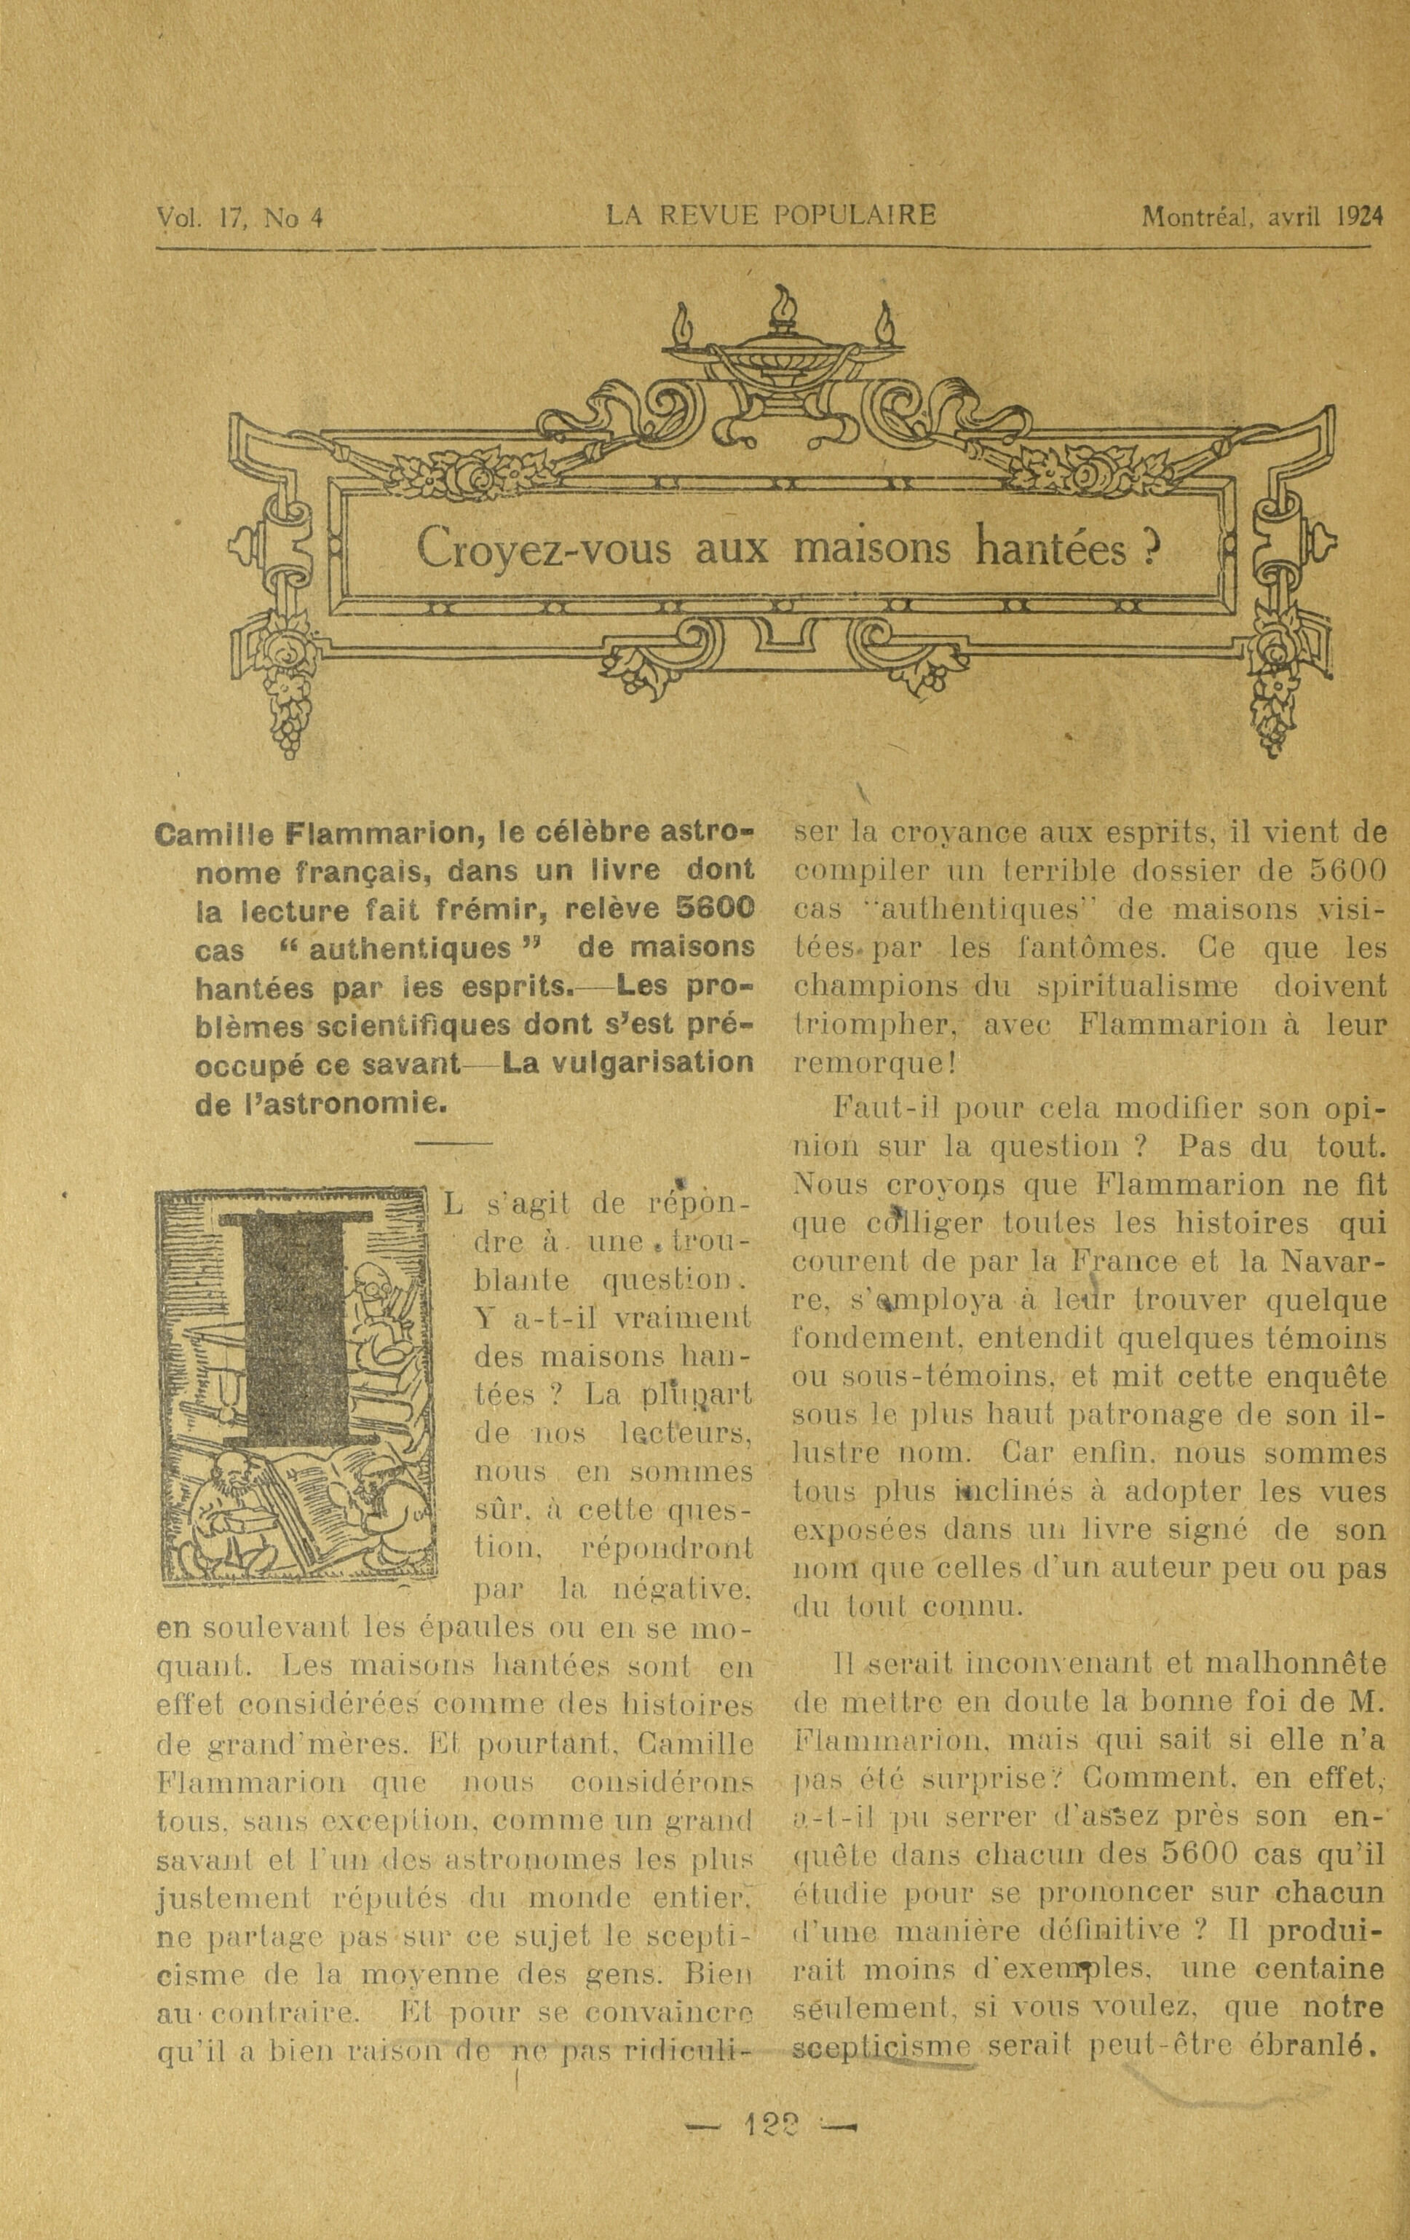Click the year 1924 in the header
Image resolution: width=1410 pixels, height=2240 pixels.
pos(1359,217)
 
